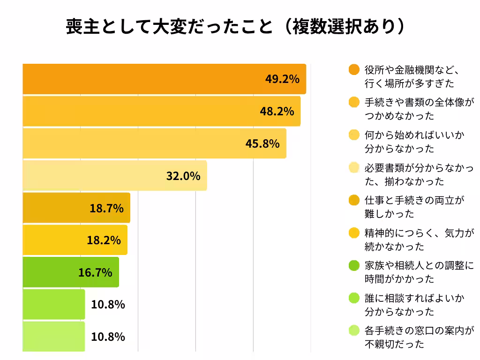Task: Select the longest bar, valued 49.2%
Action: point(164,79)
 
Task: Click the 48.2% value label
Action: point(277,111)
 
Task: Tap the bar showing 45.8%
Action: point(154,143)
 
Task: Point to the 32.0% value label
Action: point(183,176)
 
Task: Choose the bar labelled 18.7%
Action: point(76,208)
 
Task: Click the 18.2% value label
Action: point(104,240)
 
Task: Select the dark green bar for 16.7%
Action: point(70,272)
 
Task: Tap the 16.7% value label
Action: point(95,272)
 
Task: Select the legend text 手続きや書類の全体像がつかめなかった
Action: point(419,109)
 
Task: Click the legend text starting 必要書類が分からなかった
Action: point(419,174)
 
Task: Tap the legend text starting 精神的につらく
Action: point(419,240)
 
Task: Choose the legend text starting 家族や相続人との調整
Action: point(419,272)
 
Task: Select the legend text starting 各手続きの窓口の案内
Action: point(419,337)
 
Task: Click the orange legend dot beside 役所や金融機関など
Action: point(354,70)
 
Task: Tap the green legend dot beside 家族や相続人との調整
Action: point(354,265)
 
